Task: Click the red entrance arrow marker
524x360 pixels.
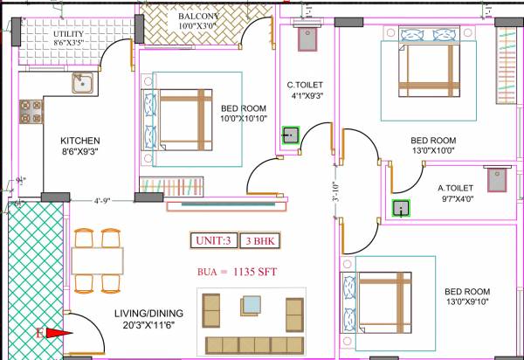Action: click(55, 332)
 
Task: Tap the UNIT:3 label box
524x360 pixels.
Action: click(212, 240)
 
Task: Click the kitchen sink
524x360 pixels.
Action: click(82, 85)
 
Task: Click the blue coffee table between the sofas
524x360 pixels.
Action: click(252, 306)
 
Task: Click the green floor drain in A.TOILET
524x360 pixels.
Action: click(401, 208)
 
